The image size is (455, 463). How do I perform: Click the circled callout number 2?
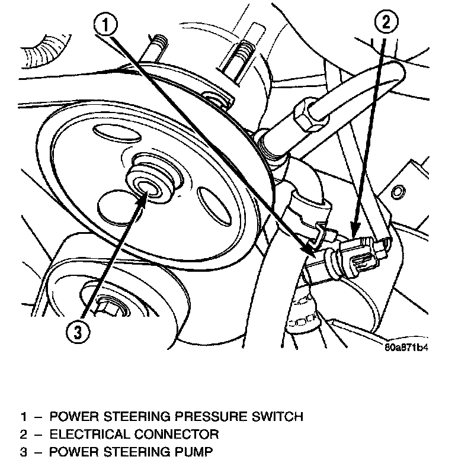(385, 24)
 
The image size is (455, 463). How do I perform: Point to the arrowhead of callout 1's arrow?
(309, 253)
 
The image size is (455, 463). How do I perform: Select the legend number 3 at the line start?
(23, 453)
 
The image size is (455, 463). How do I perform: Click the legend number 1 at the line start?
(23, 416)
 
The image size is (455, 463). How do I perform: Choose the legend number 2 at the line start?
(23, 435)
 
